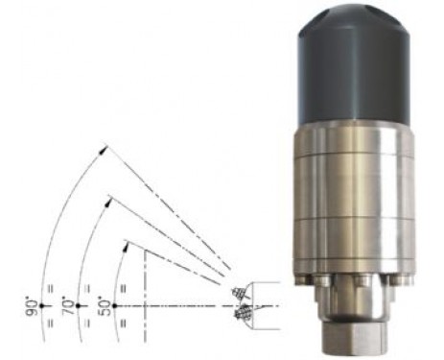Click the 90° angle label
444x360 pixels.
point(32,307)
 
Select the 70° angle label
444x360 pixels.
point(68,307)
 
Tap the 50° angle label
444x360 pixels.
point(105,307)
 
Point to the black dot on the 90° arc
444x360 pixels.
point(42,306)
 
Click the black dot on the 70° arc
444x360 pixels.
point(78,306)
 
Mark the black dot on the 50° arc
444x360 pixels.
point(114,306)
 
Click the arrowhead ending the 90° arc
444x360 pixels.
point(103,150)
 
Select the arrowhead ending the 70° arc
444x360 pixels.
point(108,203)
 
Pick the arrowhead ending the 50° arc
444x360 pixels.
point(126,247)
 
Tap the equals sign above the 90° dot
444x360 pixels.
point(50,289)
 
